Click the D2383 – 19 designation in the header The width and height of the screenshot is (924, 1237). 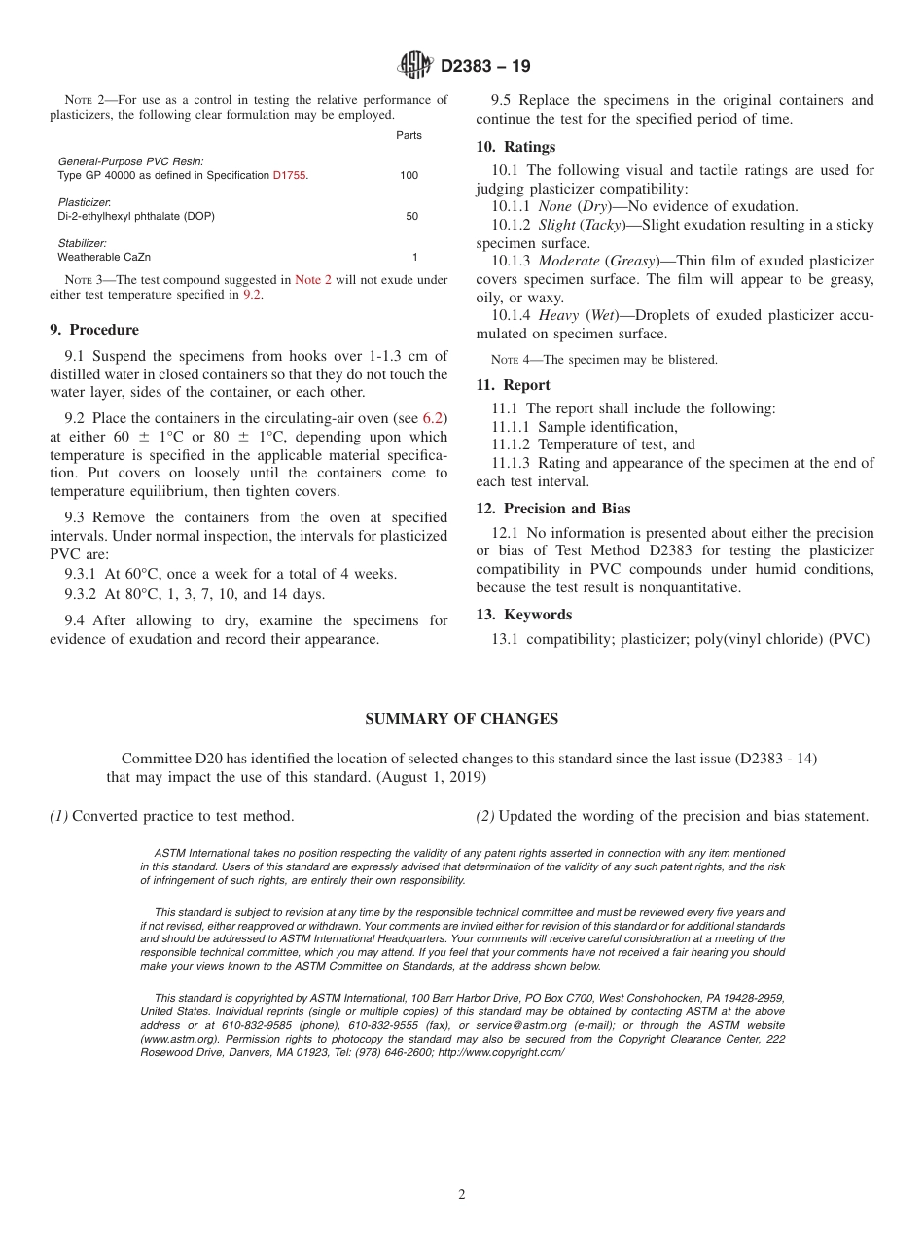[x=485, y=67]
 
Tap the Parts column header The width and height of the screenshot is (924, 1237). [x=409, y=135]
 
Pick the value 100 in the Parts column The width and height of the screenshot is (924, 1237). [x=409, y=175]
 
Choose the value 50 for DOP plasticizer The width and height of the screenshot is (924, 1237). [x=411, y=216]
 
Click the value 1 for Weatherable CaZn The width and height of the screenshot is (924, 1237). [x=414, y=257]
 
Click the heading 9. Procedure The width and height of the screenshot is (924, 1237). [x=94, y=330]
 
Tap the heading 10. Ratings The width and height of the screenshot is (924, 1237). [x=515, y=147]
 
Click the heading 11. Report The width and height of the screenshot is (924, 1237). [x=513, y=385]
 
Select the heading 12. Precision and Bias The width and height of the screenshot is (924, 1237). [x=552, y=509]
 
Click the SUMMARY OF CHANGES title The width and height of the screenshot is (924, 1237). [x=461, y=719]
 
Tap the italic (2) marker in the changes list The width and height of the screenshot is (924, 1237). [x=484, y=816]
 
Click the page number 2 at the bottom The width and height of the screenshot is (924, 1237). [x=462, y=1195]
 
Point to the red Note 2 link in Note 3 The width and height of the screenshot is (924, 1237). [x=313, y=280]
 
